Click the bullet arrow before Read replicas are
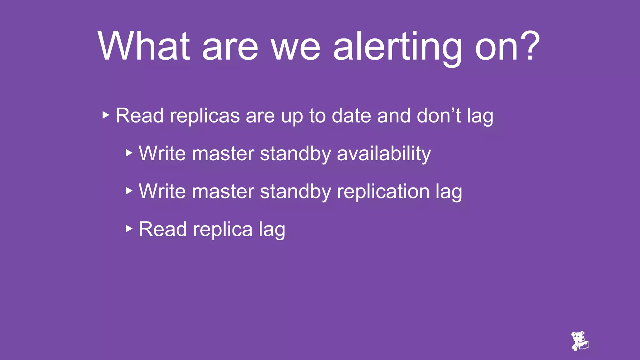(x=106, y=115)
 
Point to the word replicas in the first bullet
(x=204, y=116)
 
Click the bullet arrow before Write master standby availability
(x=129, y=153)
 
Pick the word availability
(x=384, y=154)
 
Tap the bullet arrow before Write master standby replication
(x=129, y=191)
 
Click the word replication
(x=383, y=192)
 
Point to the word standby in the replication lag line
(x=295, y=192)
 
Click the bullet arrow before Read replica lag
(x=129, y=228)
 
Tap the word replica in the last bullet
(x=222, y=230)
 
